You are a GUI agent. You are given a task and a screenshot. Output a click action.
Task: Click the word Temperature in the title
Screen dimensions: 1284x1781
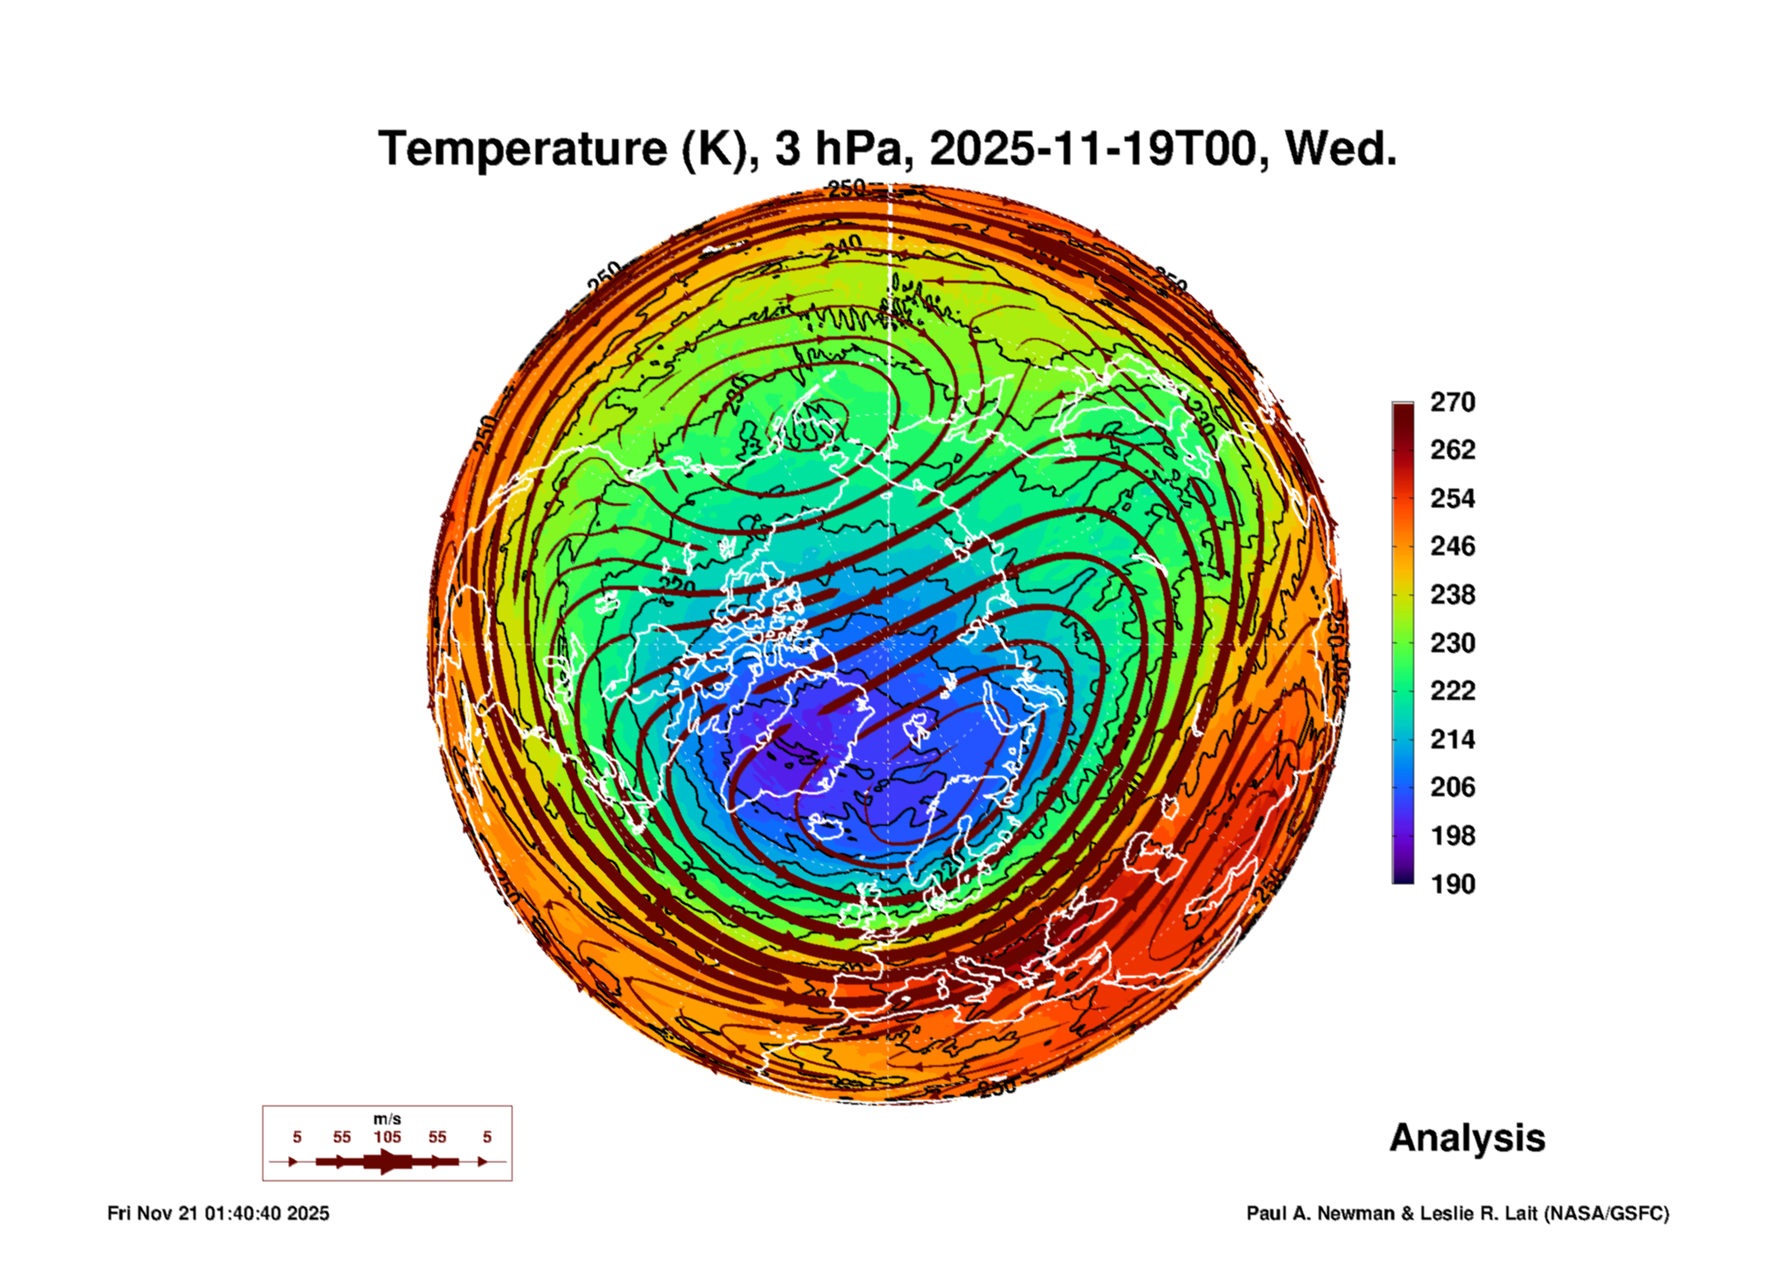coord(522,149)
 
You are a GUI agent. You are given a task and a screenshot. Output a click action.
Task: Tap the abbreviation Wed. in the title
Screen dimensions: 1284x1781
coord(1341,149)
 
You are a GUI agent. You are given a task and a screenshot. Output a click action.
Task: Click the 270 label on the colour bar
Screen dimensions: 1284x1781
coord(1452,402)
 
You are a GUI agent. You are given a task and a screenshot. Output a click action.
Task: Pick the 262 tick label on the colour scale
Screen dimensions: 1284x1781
coord(1452,450)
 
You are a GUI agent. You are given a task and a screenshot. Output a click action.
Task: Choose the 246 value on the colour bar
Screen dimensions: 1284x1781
coord(1452,546)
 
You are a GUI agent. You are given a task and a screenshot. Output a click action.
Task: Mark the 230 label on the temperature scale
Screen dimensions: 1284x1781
coord(1452,642)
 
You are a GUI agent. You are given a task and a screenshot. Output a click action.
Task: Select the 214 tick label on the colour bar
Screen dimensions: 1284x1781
coord(1452,739)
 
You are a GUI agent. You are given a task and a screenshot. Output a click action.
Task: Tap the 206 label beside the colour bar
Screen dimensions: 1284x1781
coord(1452,787)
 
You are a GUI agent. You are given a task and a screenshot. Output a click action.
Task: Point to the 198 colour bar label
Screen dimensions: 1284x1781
coord(1452,836)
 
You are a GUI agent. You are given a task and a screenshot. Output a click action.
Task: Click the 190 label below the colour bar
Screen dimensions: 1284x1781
coord(1452,884)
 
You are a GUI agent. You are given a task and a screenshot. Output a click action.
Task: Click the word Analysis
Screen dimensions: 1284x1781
coord(1467,1138)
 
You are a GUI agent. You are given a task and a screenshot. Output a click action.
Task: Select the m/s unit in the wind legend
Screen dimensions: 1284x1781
coord(387,1119)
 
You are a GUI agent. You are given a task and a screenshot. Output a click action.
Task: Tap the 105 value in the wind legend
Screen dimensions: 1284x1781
coord(387,1137)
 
